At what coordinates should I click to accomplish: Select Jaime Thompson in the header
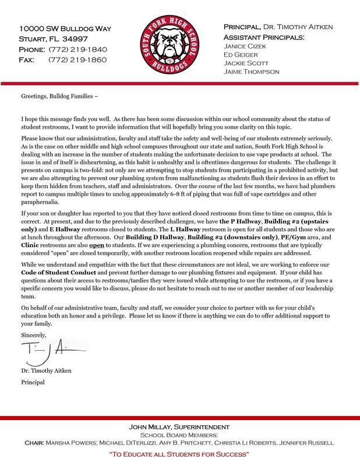tap(252, 72)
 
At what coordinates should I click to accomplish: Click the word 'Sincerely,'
tap(33, 335)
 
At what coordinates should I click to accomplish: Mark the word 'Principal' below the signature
tap(33, 383)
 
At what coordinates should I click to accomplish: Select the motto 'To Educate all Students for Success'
tap(179, 453)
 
